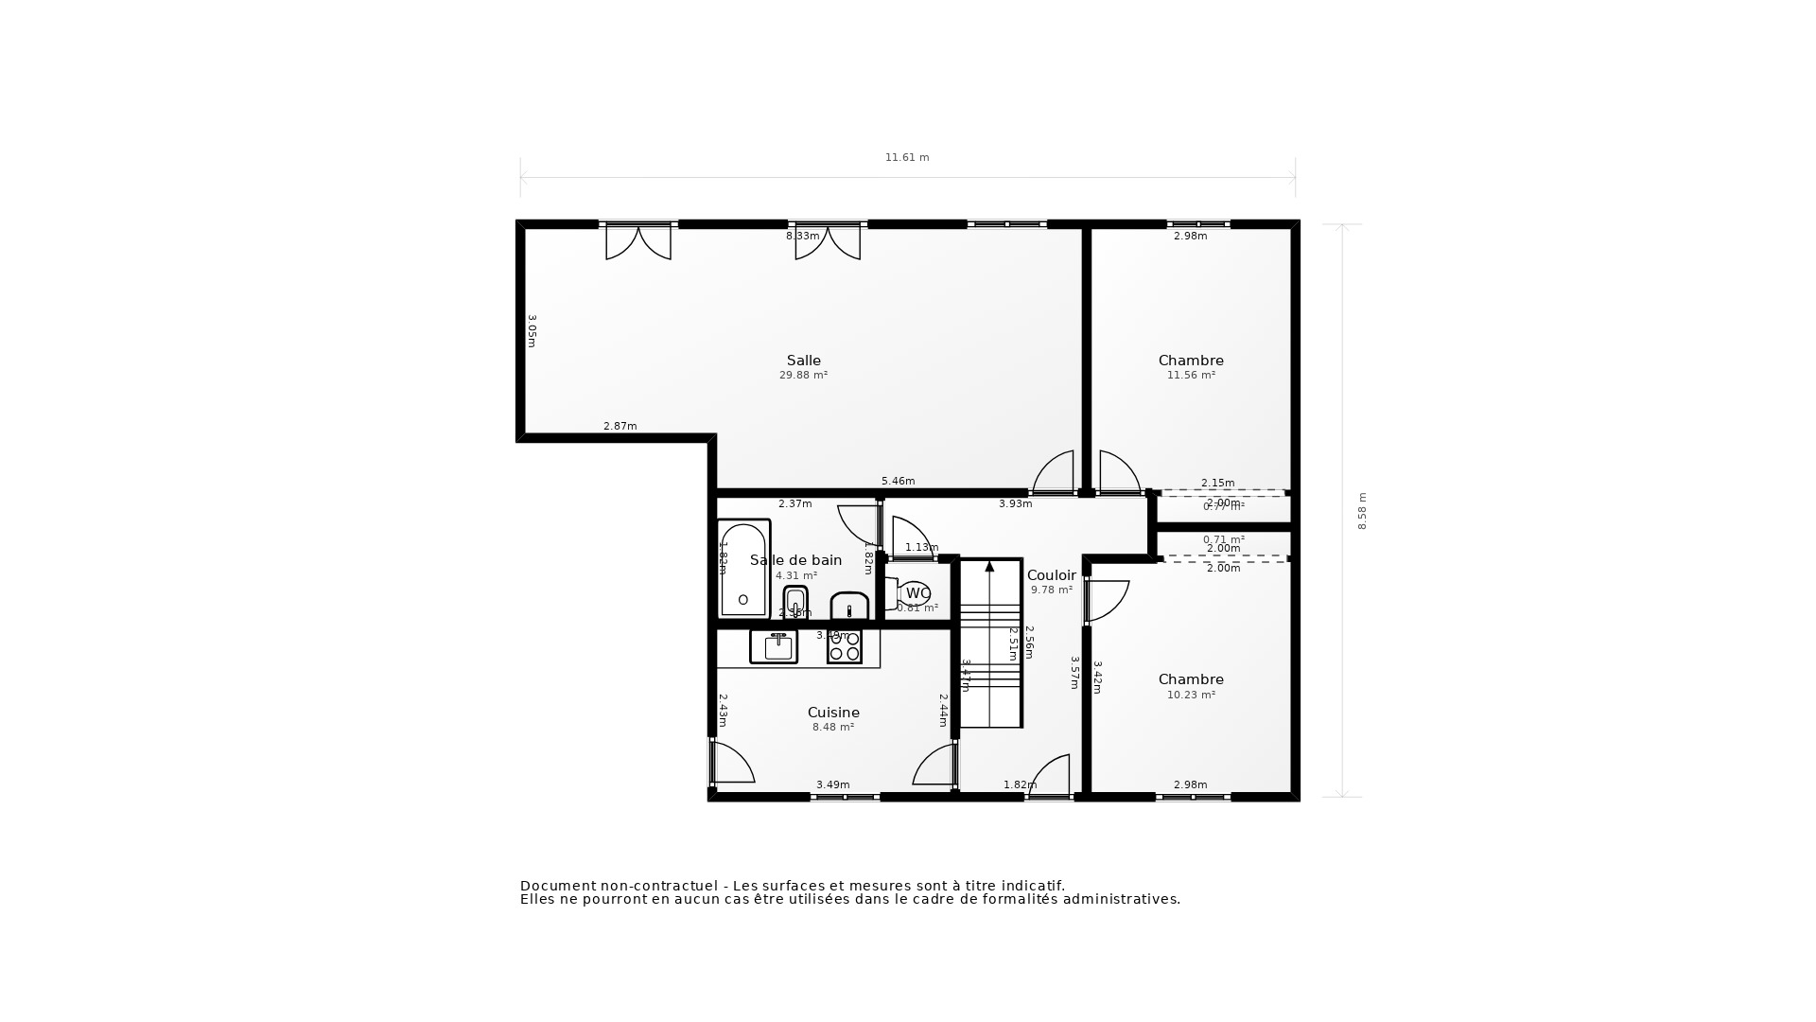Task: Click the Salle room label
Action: click(803, 361)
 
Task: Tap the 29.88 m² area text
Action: click(803, 376)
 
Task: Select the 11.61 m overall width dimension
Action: click(906, 158)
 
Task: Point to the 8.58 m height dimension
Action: click(1362, 511)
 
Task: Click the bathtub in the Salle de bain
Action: click(743, 569)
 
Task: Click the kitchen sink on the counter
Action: click(774, 646)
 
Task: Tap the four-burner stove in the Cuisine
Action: click(844, 646)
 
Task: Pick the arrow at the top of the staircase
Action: click(989, 567)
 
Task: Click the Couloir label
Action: click(1051, 575)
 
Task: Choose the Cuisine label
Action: click(833, 713)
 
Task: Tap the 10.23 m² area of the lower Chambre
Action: click(1191, 695)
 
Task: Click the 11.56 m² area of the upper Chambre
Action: click(1191, 376)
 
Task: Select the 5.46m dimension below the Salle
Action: click(898, 482)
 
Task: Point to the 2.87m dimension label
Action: click(620, 427)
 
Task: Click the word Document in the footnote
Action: click(557, 886)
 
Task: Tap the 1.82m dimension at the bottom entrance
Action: click(1020, 784)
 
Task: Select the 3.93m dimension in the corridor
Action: click(1015, 504)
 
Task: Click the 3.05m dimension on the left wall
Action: click(532, 331)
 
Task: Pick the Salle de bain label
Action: click(795, 560)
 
